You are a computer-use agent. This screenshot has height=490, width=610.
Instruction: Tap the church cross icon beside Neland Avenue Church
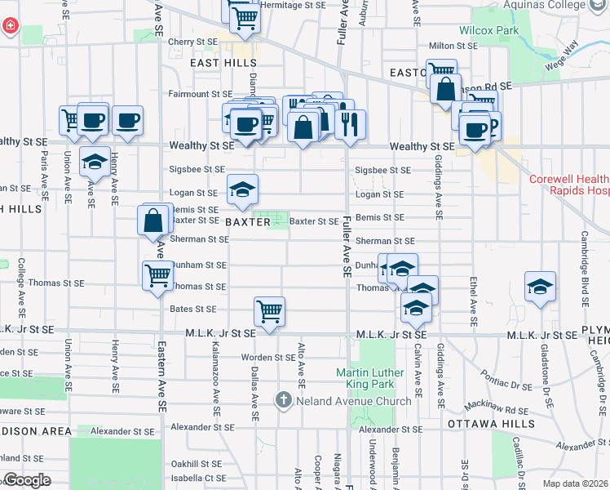283,400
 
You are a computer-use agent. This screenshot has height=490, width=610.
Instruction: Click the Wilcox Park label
489,30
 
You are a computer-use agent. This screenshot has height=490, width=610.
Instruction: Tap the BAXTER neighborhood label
242,221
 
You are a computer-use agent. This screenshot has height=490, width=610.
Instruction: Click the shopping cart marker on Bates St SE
269,311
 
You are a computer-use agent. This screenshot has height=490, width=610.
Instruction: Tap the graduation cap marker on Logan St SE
242,189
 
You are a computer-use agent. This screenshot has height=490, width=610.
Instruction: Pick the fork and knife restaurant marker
351,124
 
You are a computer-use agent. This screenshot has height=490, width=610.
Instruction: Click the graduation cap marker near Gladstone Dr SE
540,286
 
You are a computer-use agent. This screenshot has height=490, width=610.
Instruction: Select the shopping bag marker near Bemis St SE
154,220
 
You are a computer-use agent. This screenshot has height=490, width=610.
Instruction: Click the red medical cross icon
9,26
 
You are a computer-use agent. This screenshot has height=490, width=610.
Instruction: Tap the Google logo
26,480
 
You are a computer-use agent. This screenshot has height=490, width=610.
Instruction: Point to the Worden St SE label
268,357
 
